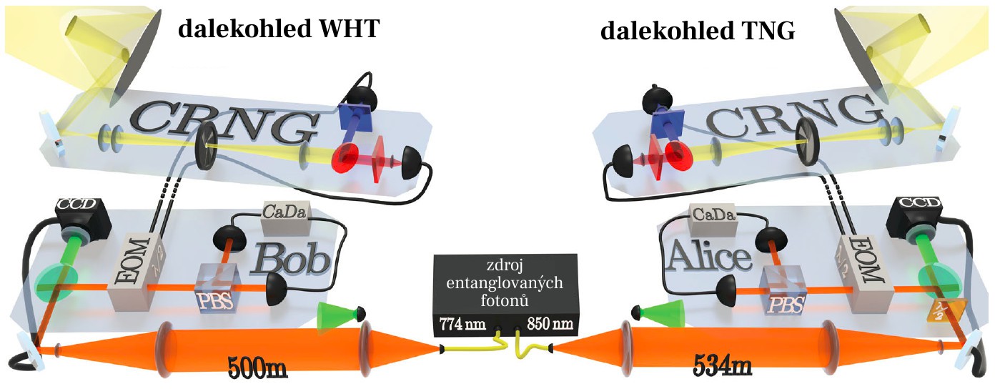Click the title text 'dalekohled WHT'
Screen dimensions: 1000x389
(279, 29)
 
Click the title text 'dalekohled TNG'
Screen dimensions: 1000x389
(698, 31)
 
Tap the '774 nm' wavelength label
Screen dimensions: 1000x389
(462, 323)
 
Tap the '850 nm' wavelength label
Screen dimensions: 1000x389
(550, 323)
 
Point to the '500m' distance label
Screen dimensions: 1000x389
(257, 368)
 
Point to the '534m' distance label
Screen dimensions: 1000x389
(723, 367)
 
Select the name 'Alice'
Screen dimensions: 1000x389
(711, 257)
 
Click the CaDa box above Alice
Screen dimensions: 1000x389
(713, 220)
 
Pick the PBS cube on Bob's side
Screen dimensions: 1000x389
(218, 288)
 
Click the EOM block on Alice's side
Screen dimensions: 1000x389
(864, 274)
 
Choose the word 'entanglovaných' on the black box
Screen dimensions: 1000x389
(505, 283)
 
